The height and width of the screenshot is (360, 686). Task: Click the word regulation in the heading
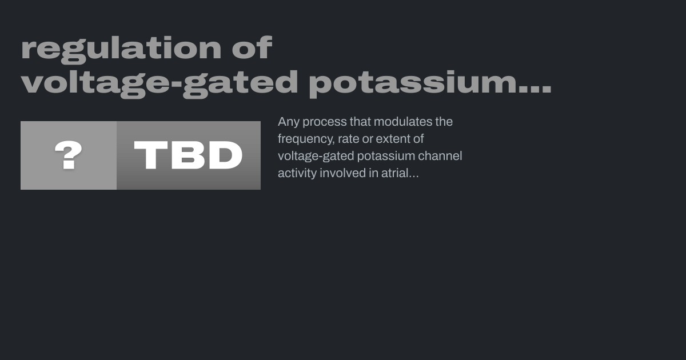pos(121,50)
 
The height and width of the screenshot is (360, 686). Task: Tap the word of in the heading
pos(252,47)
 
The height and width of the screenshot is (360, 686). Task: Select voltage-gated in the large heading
pos(159,84)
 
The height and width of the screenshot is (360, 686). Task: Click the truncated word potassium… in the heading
pos(430,84)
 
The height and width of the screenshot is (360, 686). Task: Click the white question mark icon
pos(68,155)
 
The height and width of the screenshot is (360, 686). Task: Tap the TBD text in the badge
pos(188,155)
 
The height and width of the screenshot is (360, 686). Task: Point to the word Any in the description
pos(289,122)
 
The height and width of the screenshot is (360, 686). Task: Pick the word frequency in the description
pos(306,139)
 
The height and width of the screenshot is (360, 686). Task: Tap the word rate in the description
pos(348,139)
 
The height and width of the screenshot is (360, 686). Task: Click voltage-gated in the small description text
pos(316,157)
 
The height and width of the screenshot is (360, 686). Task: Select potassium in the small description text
pos(386,157)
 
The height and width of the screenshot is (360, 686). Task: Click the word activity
pos(297,174)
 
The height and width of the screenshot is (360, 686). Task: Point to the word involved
pos(342,173)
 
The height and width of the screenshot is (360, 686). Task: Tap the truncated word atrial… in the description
pos(400,173)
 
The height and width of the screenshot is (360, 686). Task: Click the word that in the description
pos(360,122)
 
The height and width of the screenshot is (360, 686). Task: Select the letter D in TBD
pos(226,155)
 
